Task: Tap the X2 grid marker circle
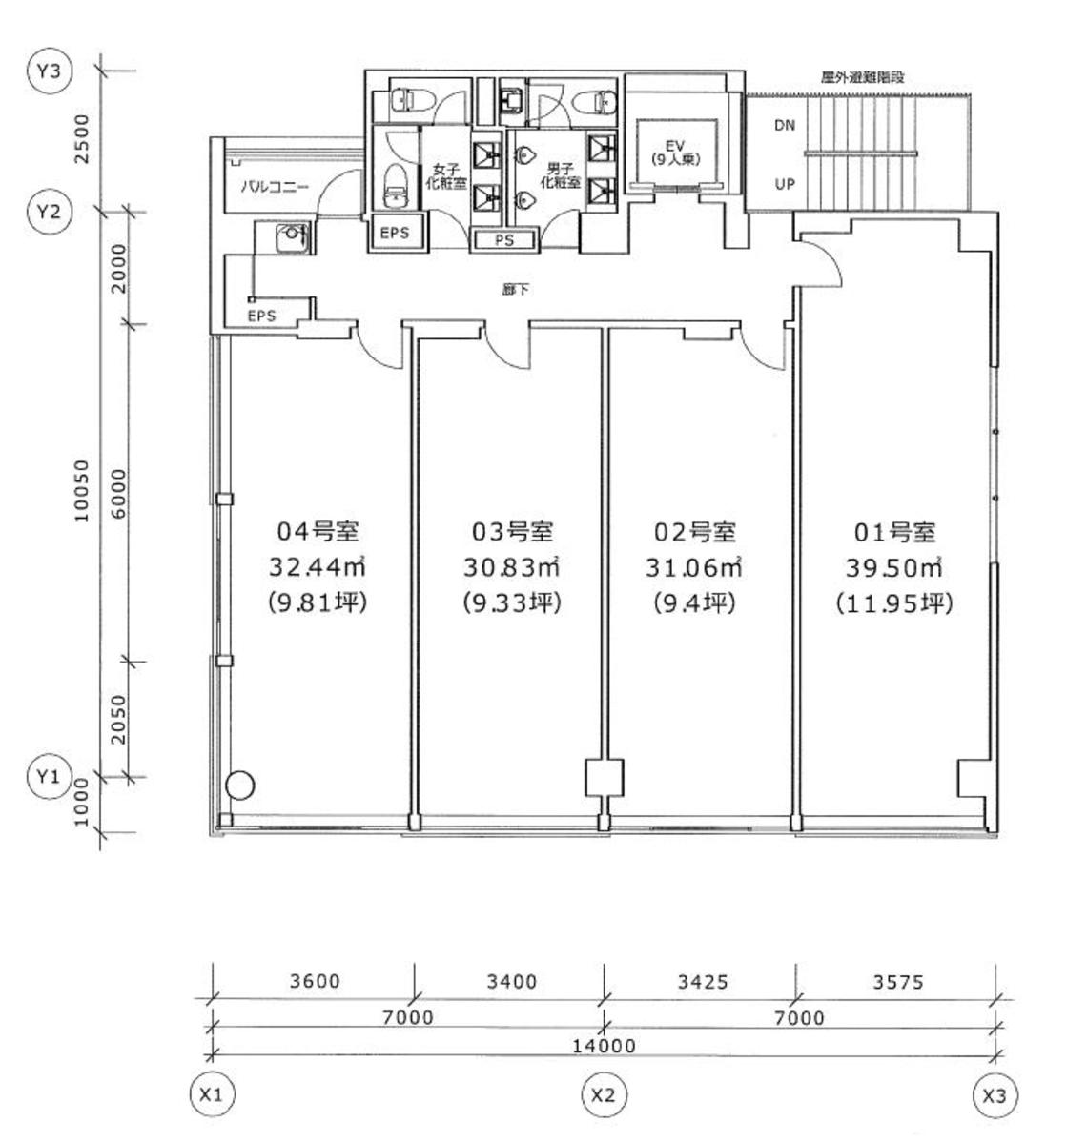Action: pyautogui.click(x=603, y=1095)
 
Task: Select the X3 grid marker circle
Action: pyautogui.click(x=995, y=1095)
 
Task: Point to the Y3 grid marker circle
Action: pyautogui.click(x=48, y=73)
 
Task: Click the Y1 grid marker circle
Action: pyautogui.click(x=48, y=777)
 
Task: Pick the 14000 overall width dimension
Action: pyautogui.click(x=603, y=1045)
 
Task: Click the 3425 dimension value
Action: pyautogui.click(x=701, y=981)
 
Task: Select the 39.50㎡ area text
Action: pyautogui.click(x=893, y=567)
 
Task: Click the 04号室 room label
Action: pyautogui.click(x=318, y=531)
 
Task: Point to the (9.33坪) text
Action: pyautogui.click(x=512, y=603)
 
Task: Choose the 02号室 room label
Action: pyautogui.click(x=694, y=531)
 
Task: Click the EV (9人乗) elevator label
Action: pyautogui.click(x=676, y=153)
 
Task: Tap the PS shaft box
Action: pyautogui.click(x=504, y=240)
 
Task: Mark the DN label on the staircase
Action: pyautogui.click(x=784, y=125)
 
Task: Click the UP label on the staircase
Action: pyautogui.click(x=784, y=184)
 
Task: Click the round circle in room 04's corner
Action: pyautogui.click(x=240, y=785)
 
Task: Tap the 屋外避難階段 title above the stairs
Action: pyautogui.click(x=862, y=77)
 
